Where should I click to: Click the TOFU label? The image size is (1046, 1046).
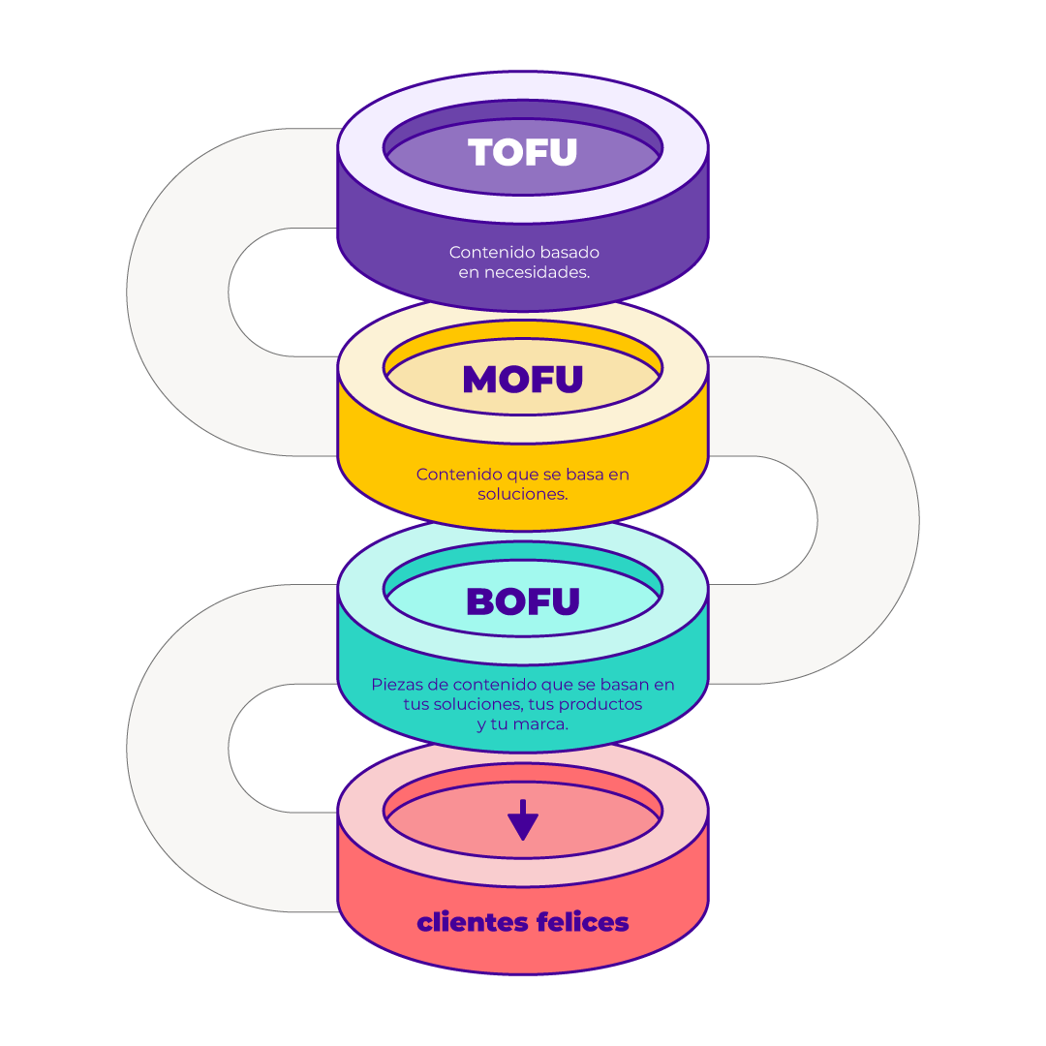(x=522, y=152)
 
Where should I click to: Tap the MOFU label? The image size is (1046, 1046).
(x=523, y=379)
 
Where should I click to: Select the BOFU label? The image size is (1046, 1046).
(x=523, y=601)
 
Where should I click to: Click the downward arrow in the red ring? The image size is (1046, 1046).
(x=523, y=820)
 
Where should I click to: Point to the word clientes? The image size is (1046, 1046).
(x=473, y=922)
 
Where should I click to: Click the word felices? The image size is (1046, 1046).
(x=582, y=922)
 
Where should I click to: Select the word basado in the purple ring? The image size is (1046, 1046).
(x=569, y=252)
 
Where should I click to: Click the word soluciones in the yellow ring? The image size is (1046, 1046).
(x=523, y=494)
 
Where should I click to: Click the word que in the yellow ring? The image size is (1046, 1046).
(x=522, y=475)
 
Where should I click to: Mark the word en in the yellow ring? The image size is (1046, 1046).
(x=618, y=475)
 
